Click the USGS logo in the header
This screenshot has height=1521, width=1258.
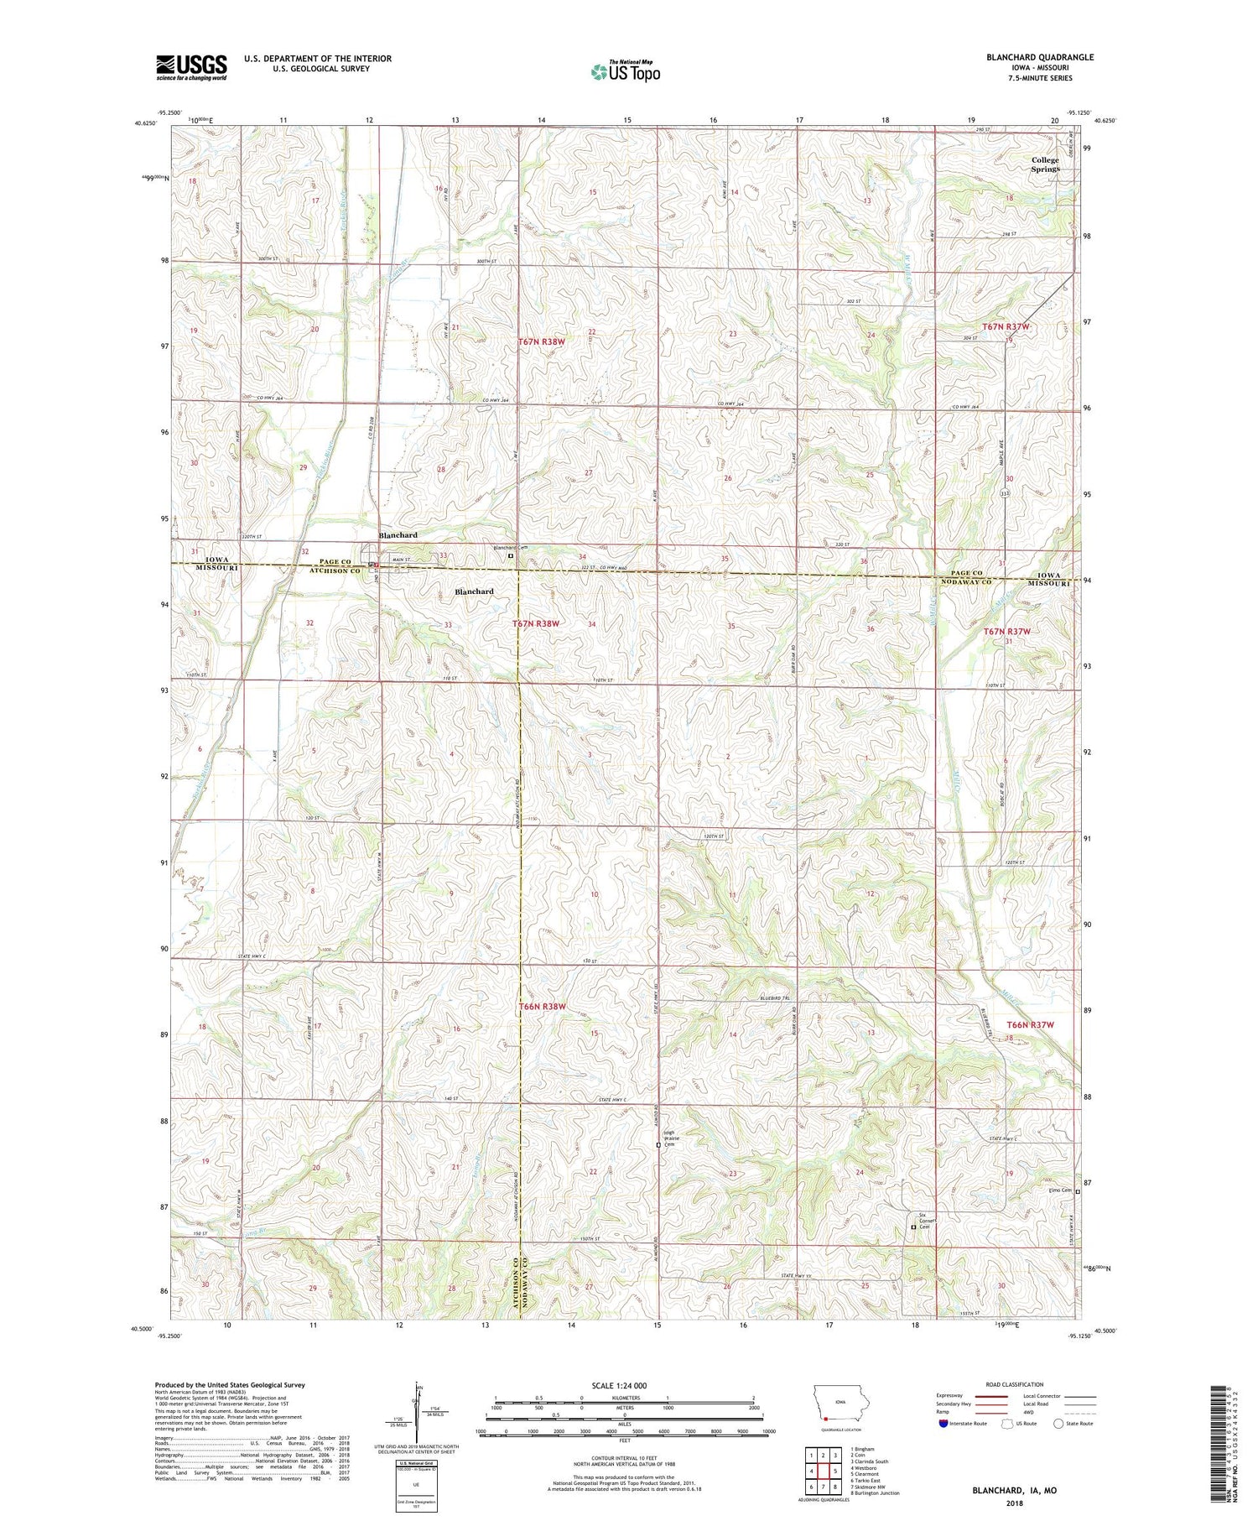tap(191, 67)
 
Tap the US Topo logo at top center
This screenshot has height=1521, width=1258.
tap(625, 71)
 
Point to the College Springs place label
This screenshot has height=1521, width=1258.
tap(1045, 164)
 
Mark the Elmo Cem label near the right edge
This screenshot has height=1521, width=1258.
tap(1060, 1190)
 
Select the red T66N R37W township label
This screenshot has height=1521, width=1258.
tap(1029, 1025)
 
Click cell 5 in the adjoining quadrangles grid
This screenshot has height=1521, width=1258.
tap(835, 1470)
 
